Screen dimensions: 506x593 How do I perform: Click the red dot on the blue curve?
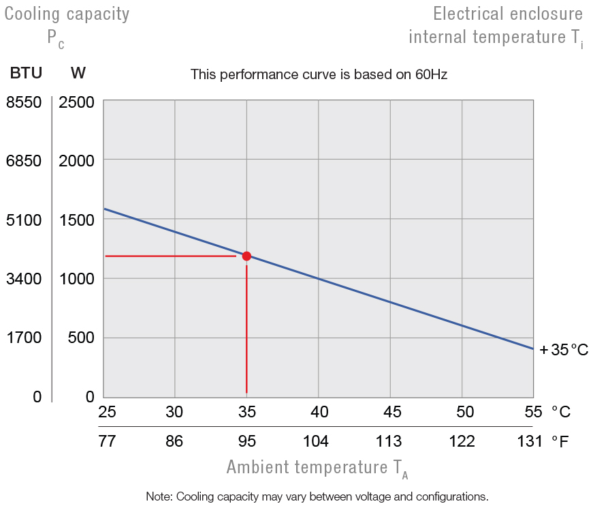click(246, 256)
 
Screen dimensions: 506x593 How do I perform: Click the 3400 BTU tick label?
click(24, 278)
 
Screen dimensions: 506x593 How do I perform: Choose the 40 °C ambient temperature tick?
click(319, 412)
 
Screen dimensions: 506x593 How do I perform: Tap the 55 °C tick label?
click(533, 412)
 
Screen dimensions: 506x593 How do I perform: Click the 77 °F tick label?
click(107, 441)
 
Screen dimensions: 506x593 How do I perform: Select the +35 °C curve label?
click(564, 351)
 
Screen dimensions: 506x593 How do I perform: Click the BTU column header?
click(26, 73)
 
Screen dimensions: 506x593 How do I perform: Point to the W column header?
click(78, 73)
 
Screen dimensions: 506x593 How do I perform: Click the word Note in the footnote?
click(159, 496)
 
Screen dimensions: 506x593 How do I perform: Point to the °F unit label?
click(560, 441)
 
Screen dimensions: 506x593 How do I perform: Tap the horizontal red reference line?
click(170, 256)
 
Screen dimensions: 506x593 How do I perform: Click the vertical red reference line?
click(246, 327)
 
